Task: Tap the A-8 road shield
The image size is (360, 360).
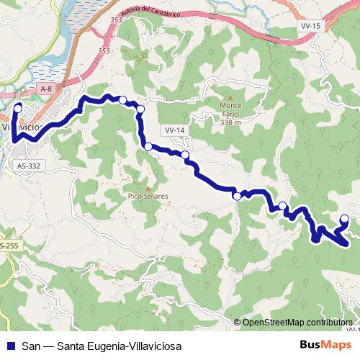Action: (x=47, y=88)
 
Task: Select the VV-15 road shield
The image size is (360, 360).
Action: (x=309, y=25)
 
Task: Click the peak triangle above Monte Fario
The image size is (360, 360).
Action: (x=230, y=97)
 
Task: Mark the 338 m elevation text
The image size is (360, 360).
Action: (x=230, y=122)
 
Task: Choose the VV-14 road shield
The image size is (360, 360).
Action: (x=175, y=130)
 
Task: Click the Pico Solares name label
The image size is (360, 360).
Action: (x=148, y=196)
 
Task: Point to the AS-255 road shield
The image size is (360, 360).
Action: (x=9, y=246)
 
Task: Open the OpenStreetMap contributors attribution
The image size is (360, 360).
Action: (x=297, y=322)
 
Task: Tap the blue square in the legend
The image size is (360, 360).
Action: (x=12, y=346)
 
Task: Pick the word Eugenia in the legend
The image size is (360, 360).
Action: (x=98, y=346)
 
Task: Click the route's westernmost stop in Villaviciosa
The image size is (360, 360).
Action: (x=17, y=108)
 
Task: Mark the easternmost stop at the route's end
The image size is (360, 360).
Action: (x=344, y=219)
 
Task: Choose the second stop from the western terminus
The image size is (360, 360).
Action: (x=123, y=100)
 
